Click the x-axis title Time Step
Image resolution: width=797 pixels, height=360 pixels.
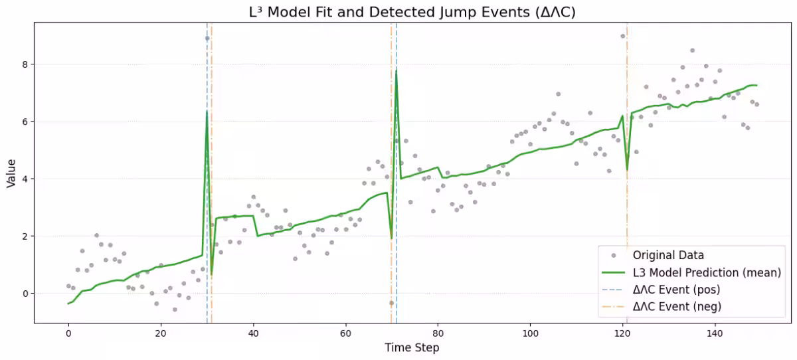click(x=412, y=347)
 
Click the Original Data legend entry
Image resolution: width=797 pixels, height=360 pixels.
click(x=668, y=255)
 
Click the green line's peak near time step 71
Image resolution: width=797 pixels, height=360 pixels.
click(x=396, y=70)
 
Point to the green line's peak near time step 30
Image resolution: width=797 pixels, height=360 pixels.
click(x=207, y=112)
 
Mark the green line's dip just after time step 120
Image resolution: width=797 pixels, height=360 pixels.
click(x=627, y=170)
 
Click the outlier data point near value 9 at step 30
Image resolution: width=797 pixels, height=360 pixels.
click(x=207, y=39)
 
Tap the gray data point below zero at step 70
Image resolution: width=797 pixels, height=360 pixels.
click(x=391, y=303)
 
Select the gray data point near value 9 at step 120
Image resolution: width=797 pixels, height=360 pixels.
click(x=622, y=37)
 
